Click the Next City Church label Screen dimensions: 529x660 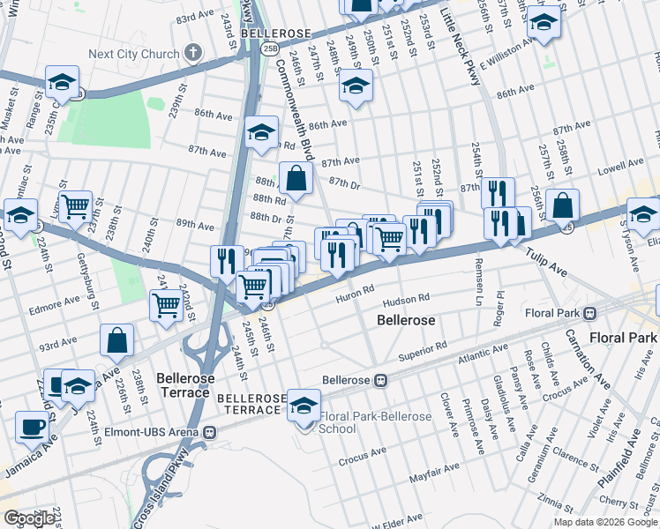click(133, 54)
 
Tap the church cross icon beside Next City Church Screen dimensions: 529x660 click(194, 54)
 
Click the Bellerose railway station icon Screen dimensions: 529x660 click(380, 380)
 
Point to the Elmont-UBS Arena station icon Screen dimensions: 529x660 click(209, 432)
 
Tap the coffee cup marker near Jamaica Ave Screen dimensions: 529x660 click(33, 427)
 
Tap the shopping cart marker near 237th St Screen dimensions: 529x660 click(75, 206)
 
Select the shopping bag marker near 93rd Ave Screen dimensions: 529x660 click(116, 339)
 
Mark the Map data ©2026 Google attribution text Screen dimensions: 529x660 click(604, 522)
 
